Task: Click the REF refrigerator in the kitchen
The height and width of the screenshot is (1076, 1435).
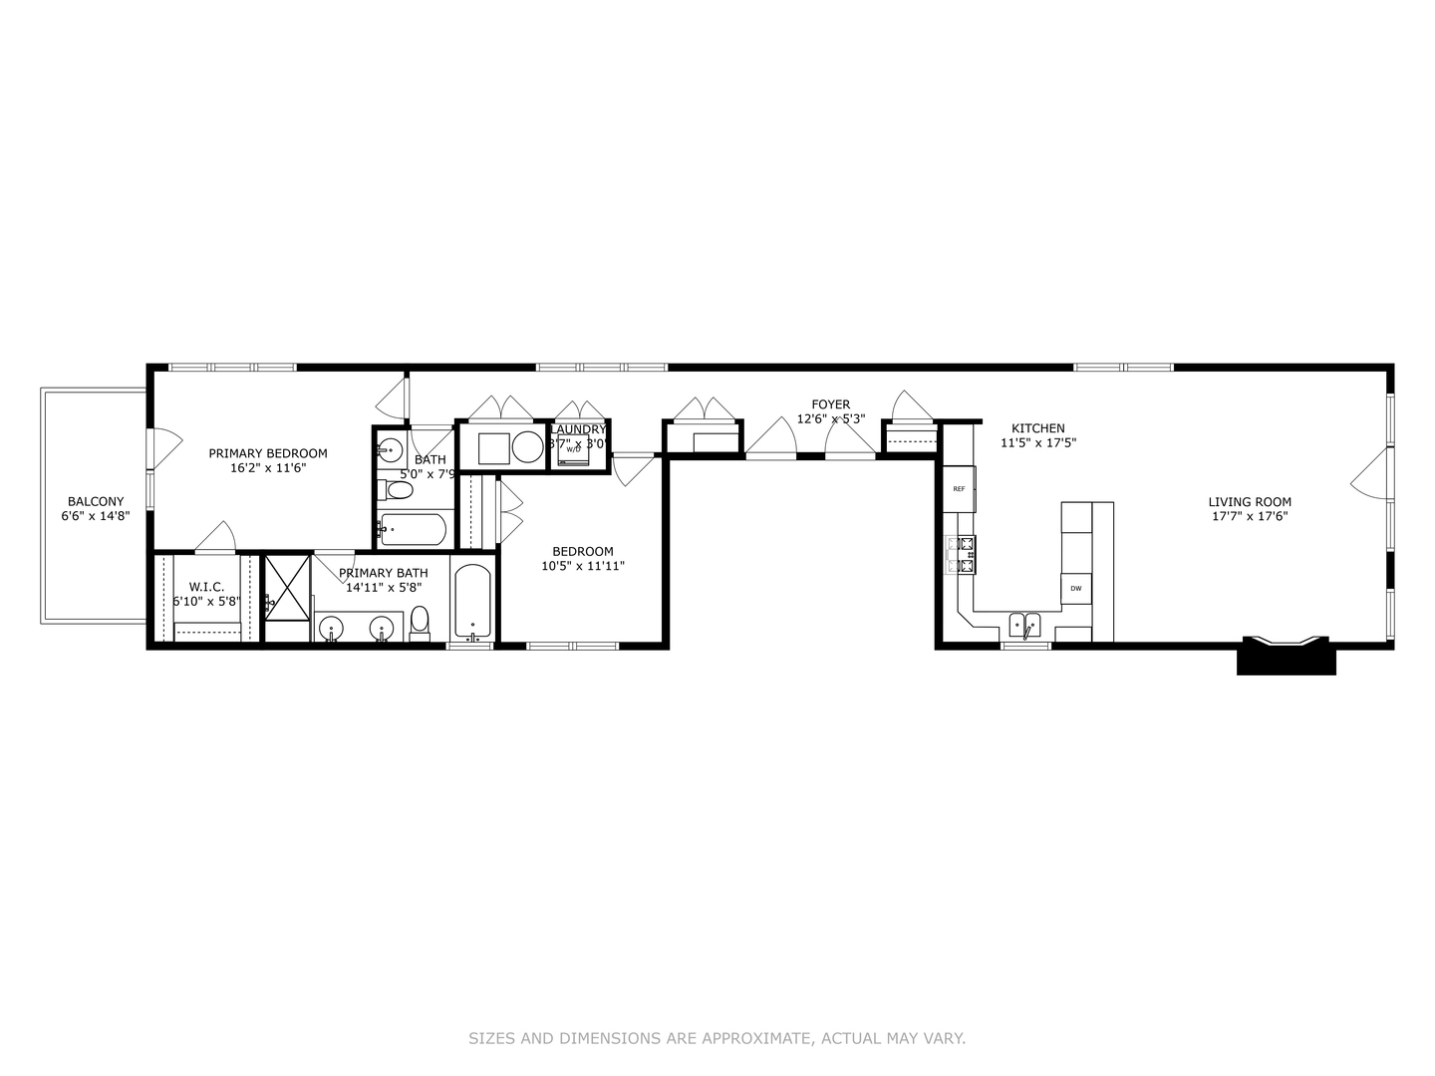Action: [960, 489]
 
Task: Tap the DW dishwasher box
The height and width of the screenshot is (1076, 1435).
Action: [1076, 589]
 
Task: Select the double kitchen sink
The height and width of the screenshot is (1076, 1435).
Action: [1024, 626]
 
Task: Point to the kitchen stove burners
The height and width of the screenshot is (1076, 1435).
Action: [966, 555]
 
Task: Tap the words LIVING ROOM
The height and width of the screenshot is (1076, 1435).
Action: [1250, 502]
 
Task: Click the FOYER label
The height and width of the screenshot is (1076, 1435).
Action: [830, 404]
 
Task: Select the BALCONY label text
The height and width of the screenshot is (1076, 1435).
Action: [96, 501]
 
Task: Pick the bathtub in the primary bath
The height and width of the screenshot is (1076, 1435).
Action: [472, 603]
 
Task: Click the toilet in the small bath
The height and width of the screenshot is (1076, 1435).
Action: [398, 491]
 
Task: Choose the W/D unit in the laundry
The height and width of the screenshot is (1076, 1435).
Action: [573, 449]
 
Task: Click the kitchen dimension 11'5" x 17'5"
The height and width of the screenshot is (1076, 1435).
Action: [1038, 442]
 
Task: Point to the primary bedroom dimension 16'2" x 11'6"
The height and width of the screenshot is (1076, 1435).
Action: [268, 467]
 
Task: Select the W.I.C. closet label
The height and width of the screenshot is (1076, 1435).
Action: [206, 587]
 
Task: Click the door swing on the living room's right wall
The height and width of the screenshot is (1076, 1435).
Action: [1370, 472]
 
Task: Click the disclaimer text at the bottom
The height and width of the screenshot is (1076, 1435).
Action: [717, 1038]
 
